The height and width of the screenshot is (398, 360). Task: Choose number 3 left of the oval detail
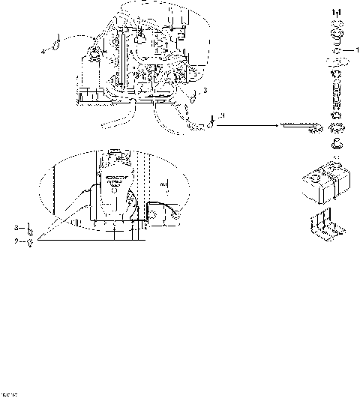[16, 227]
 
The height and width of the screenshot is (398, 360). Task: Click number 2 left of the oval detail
[16, 241]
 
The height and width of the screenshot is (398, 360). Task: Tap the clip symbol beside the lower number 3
[28, 227]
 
